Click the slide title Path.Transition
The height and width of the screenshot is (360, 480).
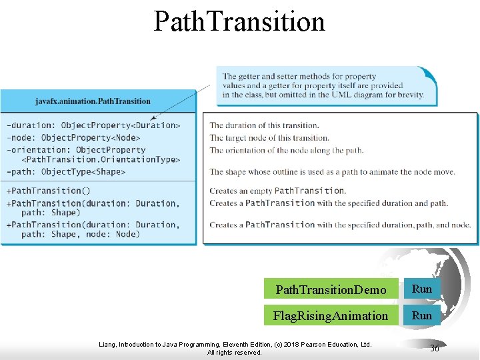coord(239,21)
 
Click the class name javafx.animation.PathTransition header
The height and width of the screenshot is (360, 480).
coord(93,101)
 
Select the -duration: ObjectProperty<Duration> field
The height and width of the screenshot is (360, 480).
coord(93,125)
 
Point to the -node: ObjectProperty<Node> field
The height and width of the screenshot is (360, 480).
coord(73,137)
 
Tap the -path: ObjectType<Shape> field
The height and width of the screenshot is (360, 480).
coord(65,172)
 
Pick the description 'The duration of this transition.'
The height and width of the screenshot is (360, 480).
coord(264,125)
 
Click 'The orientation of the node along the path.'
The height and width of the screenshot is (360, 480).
coord(286,150)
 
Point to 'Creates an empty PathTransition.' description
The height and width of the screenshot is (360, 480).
coord(277,191)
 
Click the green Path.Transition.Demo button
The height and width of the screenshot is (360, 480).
coord(331,289)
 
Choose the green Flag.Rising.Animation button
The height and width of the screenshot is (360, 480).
coord(331,315)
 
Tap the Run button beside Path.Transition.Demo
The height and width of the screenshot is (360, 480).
coord(422,289)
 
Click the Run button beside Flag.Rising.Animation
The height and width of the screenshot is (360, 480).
coord(422,315)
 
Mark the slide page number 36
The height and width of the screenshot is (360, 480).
coord(435,348)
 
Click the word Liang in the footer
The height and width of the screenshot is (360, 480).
coord(107,345)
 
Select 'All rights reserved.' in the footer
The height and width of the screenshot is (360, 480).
coord(234,353)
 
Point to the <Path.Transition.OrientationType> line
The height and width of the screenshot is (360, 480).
coord(100,159)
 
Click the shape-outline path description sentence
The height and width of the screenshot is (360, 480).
coord(332,172)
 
